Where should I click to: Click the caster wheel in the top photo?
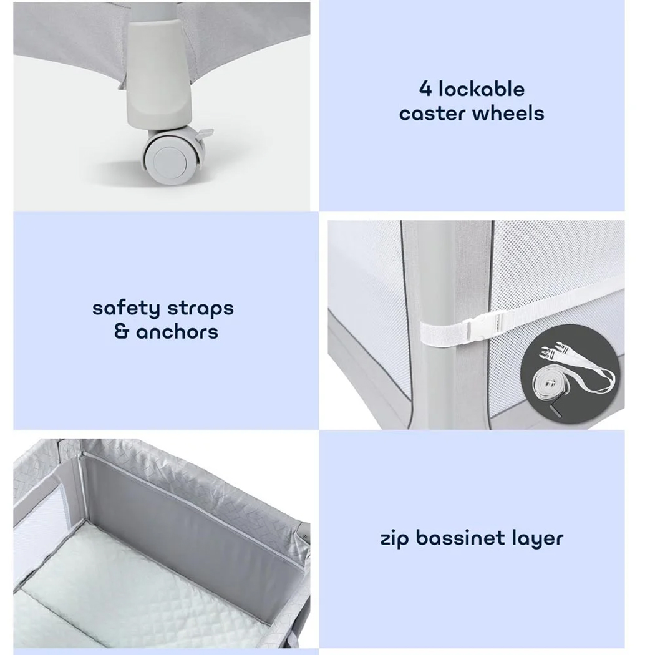167,157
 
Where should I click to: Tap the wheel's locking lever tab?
204,133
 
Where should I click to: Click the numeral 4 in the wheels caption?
425,89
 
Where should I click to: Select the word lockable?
481,89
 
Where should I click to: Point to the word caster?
433,114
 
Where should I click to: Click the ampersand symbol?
121,332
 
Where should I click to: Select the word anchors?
177,332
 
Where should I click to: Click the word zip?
395,538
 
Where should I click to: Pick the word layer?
536,538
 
